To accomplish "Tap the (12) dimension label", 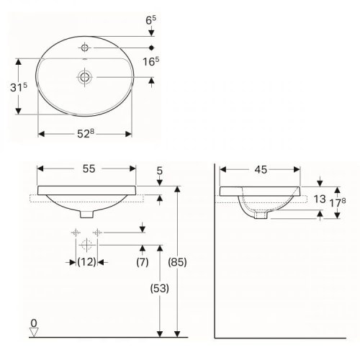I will [86, 262].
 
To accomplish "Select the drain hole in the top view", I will [85, 76].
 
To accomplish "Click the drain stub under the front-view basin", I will [86, 215].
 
